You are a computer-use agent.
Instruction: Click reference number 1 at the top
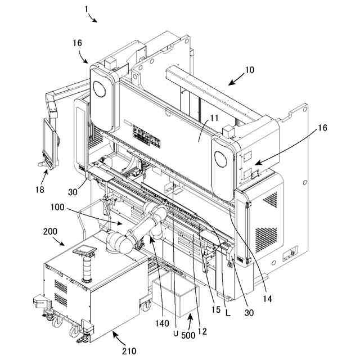tap(87, 8)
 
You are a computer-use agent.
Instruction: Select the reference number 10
tap(249, 70)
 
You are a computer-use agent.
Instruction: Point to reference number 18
tap(39, 189)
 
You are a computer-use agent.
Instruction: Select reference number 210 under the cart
tap(128, 351)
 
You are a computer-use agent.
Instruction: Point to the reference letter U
tap(176, 333)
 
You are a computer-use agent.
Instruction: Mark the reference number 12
tap(202, 331)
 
